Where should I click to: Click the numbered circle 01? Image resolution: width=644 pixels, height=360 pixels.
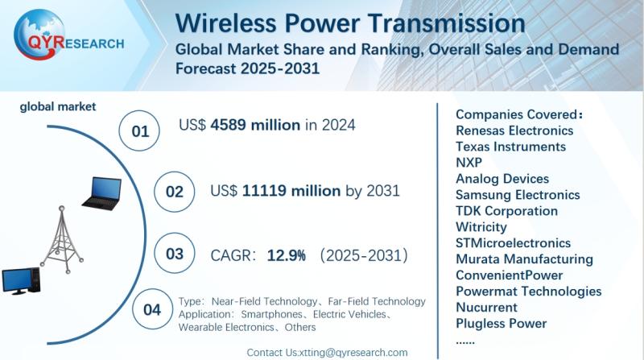pyautogui.click(x=141, y=129)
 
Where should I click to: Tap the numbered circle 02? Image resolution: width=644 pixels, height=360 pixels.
pyautogui.click(x=175, y=192)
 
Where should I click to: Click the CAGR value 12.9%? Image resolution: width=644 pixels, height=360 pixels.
pyautogui.click(x=285, y=255)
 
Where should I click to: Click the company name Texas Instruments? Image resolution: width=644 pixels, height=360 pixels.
pyautogui.click(x=510, y=147)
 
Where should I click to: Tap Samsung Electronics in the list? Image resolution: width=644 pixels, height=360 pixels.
pyautogui.click(x=517, y=195)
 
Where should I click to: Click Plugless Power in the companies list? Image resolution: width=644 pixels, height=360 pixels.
pyautogui.click(x=501, y=324)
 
